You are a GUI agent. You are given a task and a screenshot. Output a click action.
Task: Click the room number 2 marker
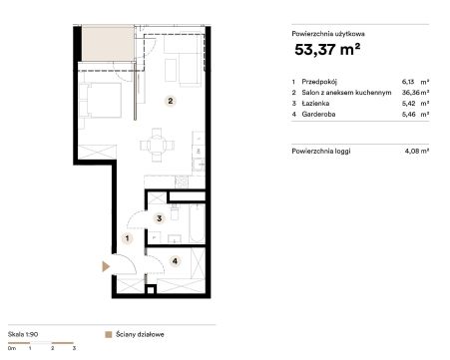(171, 101)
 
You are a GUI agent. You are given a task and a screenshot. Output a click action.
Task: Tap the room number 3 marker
(160, 218)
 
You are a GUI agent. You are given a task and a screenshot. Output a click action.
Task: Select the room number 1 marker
(127, 238)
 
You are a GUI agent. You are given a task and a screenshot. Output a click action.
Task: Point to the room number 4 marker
(176, 261)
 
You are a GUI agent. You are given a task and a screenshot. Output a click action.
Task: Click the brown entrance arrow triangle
(106, 266)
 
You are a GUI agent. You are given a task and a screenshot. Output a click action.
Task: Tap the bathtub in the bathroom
(197, 223)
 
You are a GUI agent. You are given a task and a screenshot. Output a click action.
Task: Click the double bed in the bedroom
(102, 100)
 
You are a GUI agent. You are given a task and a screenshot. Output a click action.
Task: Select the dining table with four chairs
(157, 146)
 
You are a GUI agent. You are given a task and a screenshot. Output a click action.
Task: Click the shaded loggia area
(108, 43)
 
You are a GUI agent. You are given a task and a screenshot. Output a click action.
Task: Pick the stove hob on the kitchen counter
(182, 181)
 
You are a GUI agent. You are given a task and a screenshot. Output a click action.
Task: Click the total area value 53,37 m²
(327, 50)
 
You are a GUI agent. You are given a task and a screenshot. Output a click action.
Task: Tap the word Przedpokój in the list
(319, 82)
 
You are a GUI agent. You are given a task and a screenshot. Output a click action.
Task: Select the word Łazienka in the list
(315, 104)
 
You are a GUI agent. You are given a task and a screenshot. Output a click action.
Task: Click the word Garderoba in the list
(318, 115)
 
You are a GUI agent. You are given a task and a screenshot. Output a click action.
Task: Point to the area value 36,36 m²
(415, 93)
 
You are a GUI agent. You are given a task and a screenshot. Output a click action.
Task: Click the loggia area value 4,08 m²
(417, 151)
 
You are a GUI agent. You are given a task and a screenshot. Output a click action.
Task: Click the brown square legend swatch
(109, 334)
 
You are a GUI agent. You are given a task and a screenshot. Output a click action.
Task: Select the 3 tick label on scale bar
(74, 348)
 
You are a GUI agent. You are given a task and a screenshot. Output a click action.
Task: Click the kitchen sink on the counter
(199, 164)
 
